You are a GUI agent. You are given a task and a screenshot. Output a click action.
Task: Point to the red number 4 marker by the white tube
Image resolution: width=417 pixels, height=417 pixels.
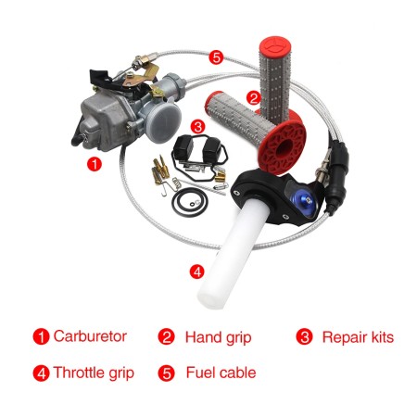pyautogui.click(x=196, y=272)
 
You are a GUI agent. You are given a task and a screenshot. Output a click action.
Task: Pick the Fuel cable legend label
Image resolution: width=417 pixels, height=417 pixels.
pyautogui.click(x=220, y=373)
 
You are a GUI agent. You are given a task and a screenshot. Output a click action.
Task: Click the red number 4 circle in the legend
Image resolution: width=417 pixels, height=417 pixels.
pyautogui.click(x=40, y=373)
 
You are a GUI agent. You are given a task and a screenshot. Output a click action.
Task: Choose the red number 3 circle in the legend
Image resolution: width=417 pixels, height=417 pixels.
pyautogui.click(x=304, y=337)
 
